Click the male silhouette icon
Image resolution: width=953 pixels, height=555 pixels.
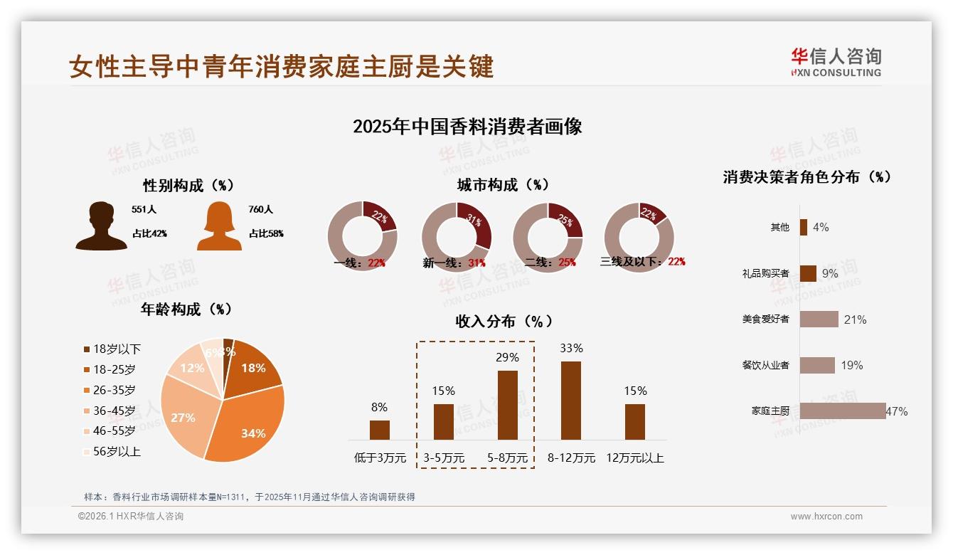coord(102,226)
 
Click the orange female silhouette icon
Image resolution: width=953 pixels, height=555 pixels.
coord(219,226)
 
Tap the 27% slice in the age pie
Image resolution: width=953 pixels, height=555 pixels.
coord(183,413)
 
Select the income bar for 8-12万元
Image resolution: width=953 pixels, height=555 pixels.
coord(570,401)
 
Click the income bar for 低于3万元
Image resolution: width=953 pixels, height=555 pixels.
coord(379,430)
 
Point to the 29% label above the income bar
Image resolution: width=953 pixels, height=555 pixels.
coord(507,357)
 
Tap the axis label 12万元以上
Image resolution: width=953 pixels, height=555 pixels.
coord(634,458)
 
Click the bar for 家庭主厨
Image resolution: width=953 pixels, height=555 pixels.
coord(842,411)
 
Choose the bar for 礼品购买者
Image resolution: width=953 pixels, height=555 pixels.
coord(807,273)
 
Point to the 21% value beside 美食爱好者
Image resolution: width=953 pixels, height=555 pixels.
coord(855,319)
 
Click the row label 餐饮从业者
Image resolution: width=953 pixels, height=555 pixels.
coord(765,365)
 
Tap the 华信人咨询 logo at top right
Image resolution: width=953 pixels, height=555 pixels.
coord(836,62)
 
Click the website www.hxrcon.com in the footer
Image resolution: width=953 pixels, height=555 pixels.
coord(826,517)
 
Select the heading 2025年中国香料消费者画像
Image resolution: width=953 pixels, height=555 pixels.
coord(467,127)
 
